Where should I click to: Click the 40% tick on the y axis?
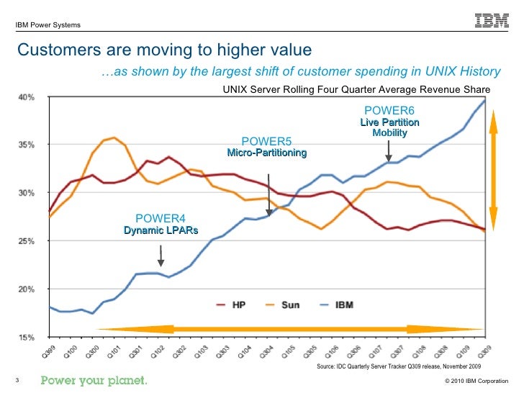(27, 98)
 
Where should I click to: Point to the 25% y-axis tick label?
(27, 241)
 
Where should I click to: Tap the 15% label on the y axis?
(27, 336)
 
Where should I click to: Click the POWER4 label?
(161, 218)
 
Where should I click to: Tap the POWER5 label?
(266, 141)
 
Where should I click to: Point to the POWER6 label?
(389, 111)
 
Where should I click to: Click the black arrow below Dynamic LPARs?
(161, 255)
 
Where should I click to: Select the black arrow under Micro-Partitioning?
(269, 194)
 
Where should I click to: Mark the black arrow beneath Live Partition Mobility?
(389, 150)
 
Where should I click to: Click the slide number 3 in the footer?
(16, 380)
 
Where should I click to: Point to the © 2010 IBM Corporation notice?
(477, 381)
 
